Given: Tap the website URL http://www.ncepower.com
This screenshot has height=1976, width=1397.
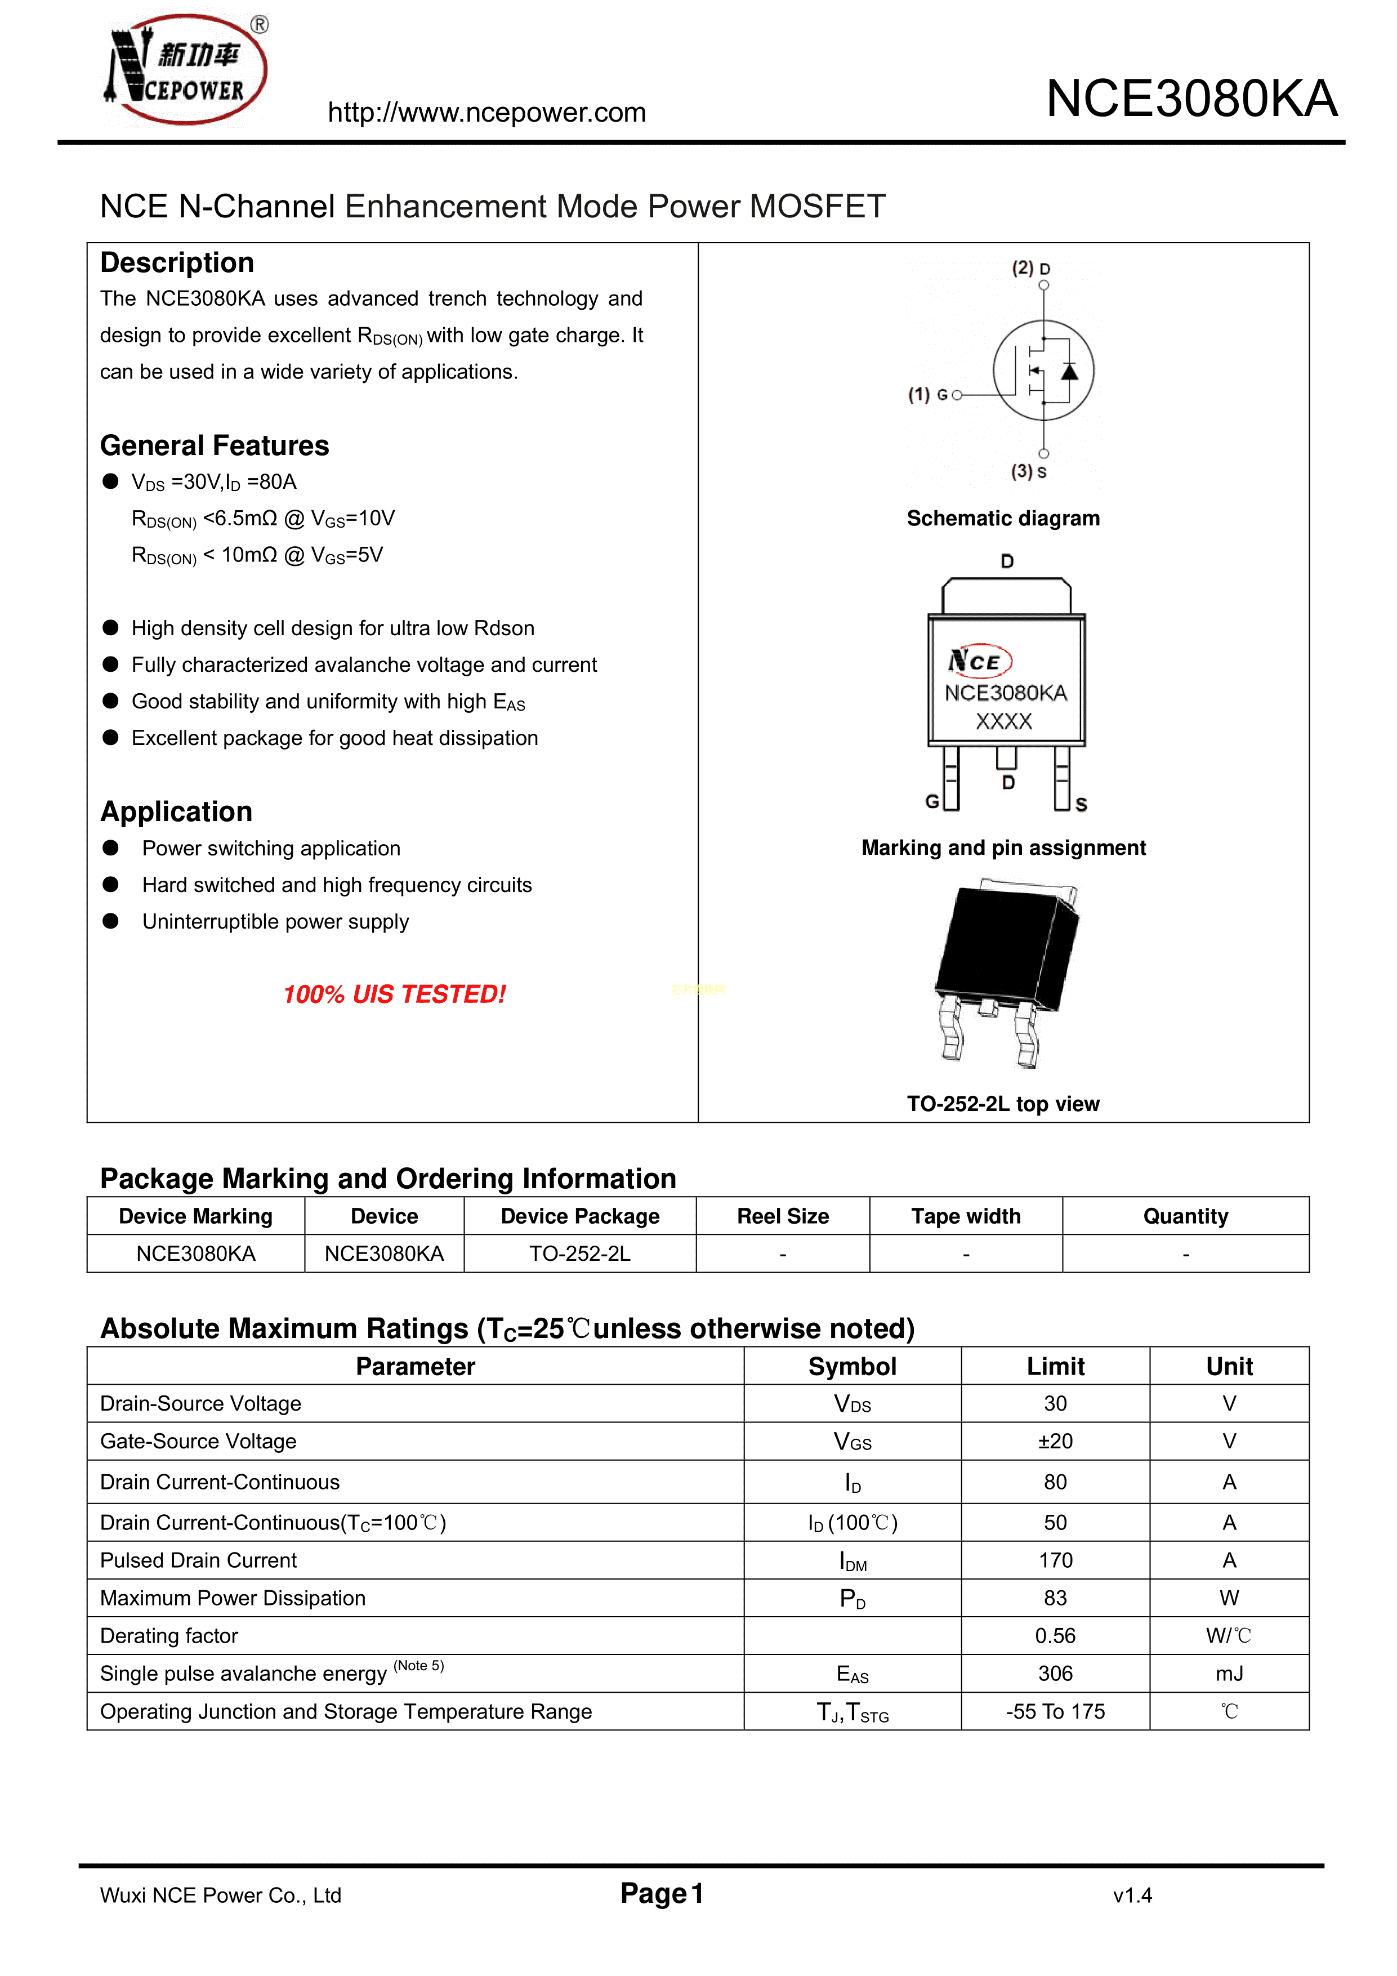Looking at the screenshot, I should (487, 113).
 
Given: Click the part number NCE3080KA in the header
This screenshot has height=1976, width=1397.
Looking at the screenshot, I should (1191, 99).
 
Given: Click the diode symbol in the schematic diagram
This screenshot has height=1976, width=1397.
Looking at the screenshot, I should (1069, 372).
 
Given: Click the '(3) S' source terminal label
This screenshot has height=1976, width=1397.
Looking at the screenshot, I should (1029, 472).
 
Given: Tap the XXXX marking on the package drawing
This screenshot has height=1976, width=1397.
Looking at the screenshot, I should (1003, 721).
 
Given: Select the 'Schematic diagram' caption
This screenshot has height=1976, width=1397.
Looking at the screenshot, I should (1003, 518).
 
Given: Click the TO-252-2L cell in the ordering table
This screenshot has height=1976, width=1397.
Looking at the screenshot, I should (579, 1254).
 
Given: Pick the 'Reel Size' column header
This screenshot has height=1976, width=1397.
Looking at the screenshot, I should (783, 1216).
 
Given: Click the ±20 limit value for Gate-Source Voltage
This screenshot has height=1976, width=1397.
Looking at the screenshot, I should (1055, 1442).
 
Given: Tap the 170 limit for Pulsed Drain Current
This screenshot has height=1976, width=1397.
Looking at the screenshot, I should (1055, 1560).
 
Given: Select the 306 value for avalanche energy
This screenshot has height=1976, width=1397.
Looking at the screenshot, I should (1055, 1674).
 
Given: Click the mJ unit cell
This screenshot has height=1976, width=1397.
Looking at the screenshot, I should (1229, 1674).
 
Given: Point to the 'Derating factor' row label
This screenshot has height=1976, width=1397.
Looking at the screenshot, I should (169, 1636).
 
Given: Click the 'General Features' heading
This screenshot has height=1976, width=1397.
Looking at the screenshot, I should (215, 446).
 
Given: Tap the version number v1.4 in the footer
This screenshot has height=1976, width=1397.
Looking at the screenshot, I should (1132, 1895).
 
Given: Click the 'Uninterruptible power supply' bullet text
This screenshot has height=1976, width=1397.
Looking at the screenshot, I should (275, 922).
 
